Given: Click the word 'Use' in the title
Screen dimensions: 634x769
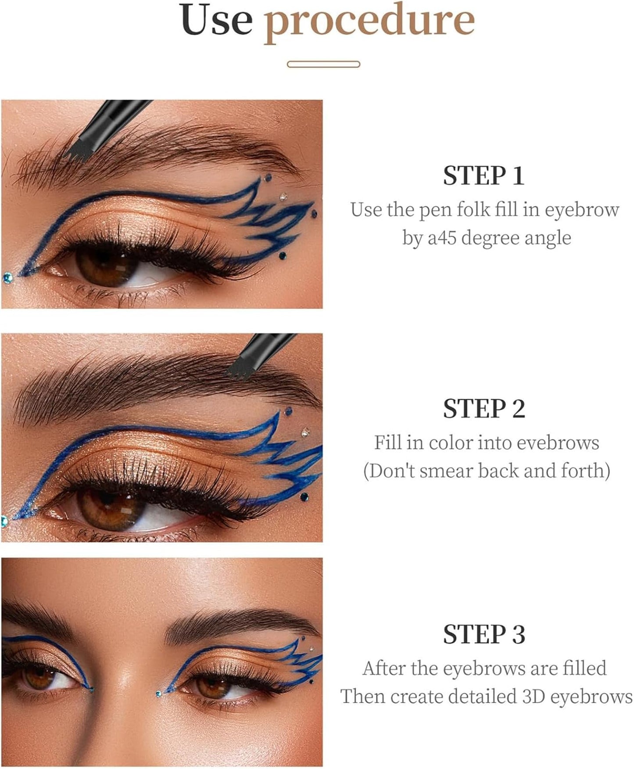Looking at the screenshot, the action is pos(216,19).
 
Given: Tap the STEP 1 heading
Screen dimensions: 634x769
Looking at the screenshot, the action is pos(484,176).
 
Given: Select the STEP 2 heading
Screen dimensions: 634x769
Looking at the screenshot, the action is pos(484,409).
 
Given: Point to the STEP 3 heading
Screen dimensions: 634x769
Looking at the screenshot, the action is pos(484,634).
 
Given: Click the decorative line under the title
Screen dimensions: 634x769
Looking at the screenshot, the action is pos(323,64).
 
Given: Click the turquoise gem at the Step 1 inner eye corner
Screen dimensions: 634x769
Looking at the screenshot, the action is pos(7,277).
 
